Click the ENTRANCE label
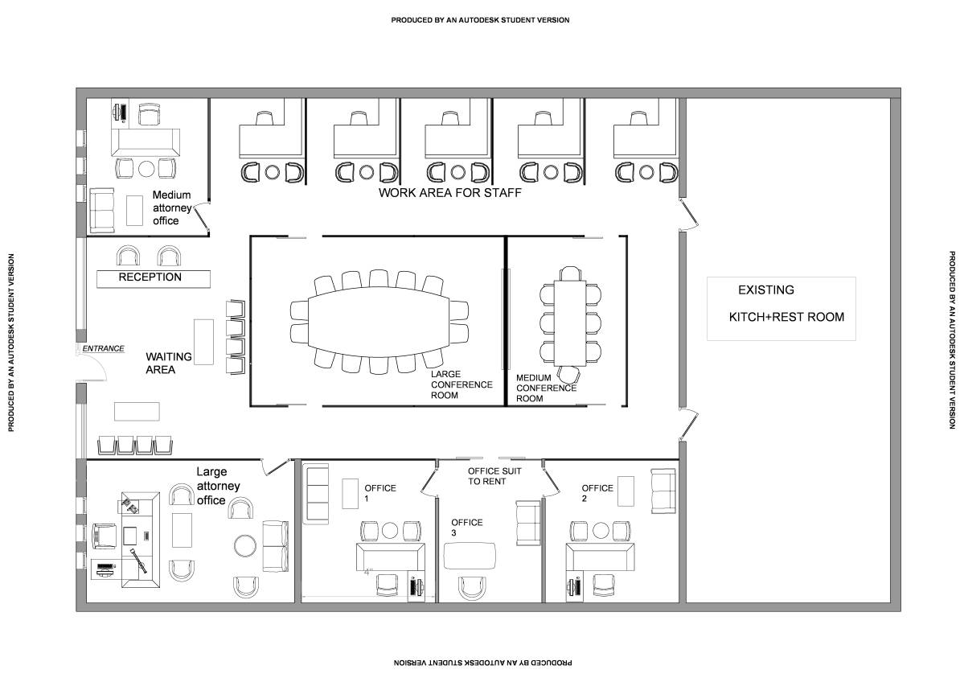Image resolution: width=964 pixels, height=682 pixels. [103, 349]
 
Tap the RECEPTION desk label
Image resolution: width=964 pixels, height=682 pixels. [150, 277]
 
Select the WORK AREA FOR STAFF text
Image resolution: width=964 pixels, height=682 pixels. [449, 192]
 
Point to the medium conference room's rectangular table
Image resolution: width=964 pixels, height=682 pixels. [570, 323]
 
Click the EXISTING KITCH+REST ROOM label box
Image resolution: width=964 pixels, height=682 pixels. [781, 309]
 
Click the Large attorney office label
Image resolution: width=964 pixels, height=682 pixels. [218, 486]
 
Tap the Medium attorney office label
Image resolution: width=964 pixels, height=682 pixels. [172, 207]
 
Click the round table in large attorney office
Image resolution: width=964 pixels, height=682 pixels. [245, 545]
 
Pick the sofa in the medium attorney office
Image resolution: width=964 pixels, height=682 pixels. [102, 211]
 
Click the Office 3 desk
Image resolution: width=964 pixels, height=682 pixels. [470, 556]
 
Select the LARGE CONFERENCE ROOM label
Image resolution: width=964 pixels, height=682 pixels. [461, 384]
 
